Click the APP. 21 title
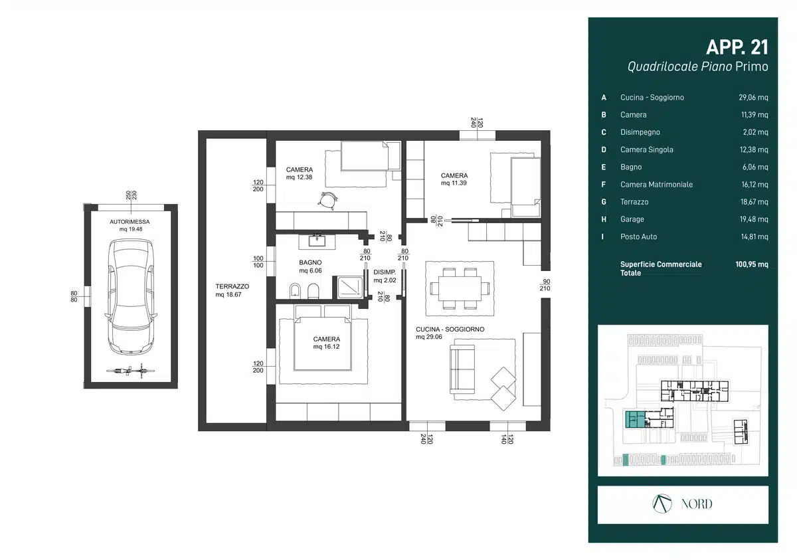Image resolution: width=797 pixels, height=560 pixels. tap(737, 47)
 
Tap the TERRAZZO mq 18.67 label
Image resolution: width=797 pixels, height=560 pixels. tap(232, 290)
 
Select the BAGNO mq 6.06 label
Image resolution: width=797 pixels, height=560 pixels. tap(310, 266)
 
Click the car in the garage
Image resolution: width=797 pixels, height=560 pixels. tap(131, 297)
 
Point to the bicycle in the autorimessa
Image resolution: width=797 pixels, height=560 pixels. tap(131, 371)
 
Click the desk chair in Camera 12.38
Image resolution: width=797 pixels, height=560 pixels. tap(327, 201)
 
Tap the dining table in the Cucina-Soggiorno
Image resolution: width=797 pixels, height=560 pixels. tap(460, 288)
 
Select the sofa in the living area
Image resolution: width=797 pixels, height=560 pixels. tap(462, 369)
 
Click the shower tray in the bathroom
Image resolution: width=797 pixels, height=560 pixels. tap(350, 288)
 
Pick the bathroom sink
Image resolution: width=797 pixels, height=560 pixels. tap(317, 241)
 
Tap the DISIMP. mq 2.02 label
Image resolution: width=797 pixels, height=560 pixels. tap(385, 276)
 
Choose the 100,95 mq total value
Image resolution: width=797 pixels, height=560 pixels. tap(751, 264)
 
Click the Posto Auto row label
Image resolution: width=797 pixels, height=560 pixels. tap(639, 236)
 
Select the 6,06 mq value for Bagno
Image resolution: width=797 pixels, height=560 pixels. tap(755, 167)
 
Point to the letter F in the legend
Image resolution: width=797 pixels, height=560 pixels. tap(604, 184)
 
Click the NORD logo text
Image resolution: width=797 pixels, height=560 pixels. tap(697, 504)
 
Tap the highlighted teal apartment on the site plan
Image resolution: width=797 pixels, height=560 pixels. tap(635, 419)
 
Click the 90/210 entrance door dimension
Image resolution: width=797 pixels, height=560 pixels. tap(546, 284)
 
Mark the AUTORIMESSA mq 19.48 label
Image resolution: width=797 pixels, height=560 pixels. tap(130, 225)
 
